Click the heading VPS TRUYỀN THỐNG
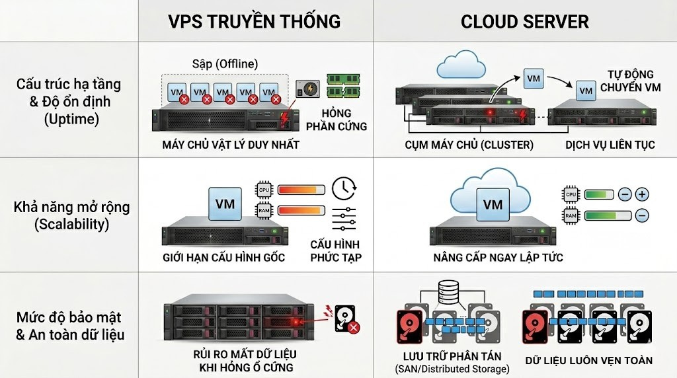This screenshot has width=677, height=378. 255,21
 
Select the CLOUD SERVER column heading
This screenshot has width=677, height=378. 524,21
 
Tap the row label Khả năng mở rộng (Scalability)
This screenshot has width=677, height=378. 71,215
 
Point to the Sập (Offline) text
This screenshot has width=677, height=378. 221,63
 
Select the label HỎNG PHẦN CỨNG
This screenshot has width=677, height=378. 344,119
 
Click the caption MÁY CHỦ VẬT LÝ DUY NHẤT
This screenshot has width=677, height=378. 231,145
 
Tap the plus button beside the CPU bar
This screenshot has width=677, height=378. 642,194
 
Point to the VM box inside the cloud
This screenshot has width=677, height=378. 493,205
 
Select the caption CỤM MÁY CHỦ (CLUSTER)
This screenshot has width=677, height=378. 469,145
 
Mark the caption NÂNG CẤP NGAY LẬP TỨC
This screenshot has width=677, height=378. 498,257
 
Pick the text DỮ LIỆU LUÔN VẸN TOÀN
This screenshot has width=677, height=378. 588,361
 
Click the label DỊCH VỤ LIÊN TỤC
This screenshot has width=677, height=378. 610,145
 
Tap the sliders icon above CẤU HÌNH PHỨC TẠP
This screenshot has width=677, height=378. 344,219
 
